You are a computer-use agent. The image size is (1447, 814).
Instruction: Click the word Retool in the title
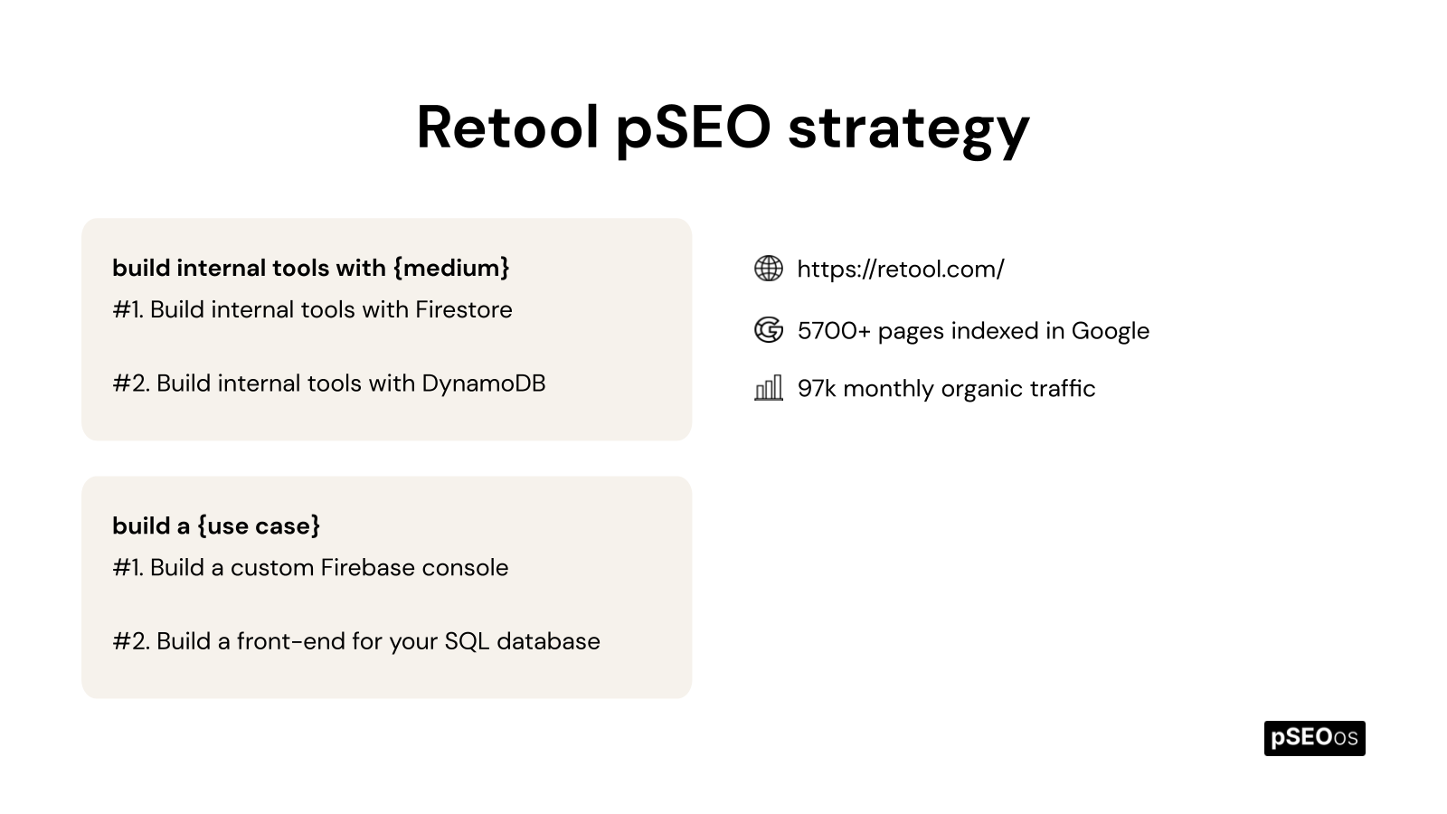coord(507,127)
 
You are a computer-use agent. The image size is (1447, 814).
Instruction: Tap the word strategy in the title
coord(908,128)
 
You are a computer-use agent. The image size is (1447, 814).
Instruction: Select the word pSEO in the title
coord(693,128)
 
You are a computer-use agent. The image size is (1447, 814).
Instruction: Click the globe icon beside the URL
coord(769,269)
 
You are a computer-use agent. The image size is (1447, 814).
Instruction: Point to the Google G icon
coord(769,330)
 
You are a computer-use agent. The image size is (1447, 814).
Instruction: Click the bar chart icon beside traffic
coord(769,389)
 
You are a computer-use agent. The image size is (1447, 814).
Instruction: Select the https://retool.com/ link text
coord(900,269)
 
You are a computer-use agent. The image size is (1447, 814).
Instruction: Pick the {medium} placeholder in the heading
coord(451,268)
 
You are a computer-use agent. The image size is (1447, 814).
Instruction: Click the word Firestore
coord(463,309)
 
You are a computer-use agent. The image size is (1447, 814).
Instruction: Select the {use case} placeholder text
coord(259,525)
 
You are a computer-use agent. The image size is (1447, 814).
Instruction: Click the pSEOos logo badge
coord(1314,738)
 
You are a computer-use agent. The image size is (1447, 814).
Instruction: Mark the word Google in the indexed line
coord(1110,331)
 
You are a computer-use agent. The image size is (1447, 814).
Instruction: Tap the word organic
coord(984,389)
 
